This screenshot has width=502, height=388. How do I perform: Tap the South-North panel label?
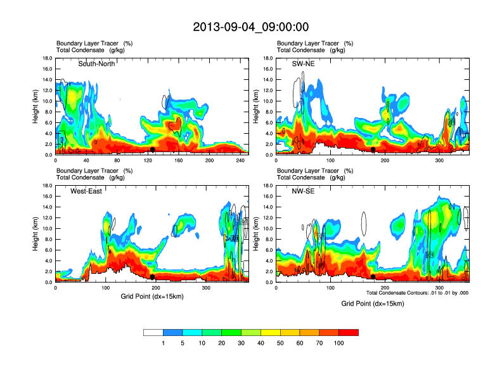97,63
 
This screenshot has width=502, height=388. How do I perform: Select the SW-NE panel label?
302,63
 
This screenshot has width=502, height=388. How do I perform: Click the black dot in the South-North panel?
153,150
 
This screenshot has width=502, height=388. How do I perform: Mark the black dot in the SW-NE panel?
373,150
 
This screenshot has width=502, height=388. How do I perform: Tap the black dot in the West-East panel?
153,277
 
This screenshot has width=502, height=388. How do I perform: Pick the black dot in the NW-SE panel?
373,277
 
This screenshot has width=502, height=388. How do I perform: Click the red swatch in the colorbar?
349,332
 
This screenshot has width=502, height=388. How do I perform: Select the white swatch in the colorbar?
153,332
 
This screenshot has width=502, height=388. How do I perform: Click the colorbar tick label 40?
261,343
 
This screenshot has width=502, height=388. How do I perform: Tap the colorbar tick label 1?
164,343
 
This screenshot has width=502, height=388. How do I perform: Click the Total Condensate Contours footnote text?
417,293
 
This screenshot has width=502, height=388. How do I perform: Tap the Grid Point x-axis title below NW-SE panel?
372,304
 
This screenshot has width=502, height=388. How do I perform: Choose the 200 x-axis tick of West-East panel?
155,288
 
